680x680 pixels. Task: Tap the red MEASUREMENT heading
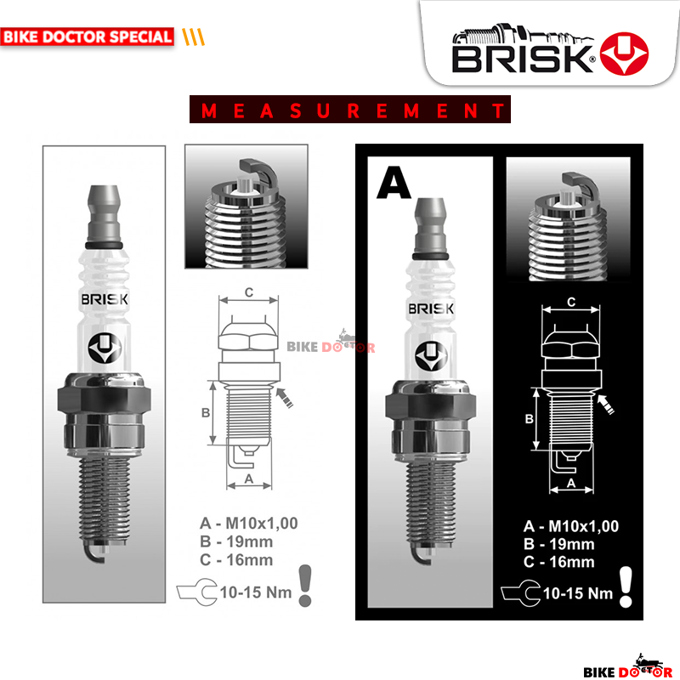(x=349, y=110)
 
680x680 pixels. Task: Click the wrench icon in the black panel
(x=518, y=592)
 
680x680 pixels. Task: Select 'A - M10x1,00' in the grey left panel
(x=249, y=523)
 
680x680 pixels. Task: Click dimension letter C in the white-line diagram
(x=571, y=302)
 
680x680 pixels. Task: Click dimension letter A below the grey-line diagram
(x=249, y=479)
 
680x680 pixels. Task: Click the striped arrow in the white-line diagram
(x=609, y=404)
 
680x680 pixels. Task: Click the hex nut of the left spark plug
(x=103, y=398)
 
